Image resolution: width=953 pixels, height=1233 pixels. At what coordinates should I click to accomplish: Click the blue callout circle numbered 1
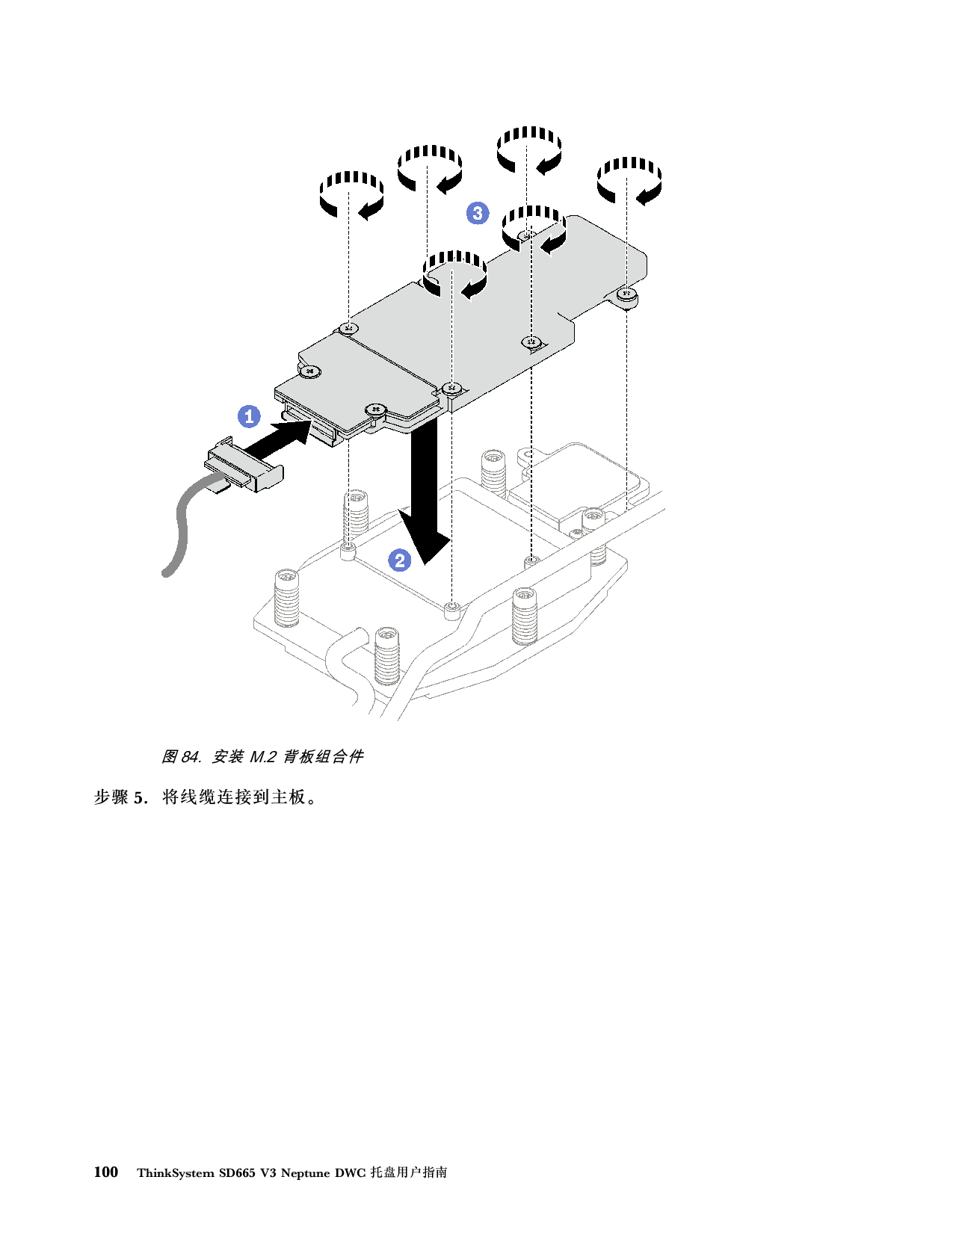[249, 416]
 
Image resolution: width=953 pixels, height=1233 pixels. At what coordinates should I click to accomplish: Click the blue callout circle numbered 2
[400, 560]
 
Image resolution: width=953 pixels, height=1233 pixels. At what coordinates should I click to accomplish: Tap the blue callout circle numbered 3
[478, 213]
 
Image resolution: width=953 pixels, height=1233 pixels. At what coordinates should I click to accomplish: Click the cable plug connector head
[244, 464]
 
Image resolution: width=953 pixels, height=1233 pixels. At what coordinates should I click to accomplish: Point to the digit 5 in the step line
[139, 798]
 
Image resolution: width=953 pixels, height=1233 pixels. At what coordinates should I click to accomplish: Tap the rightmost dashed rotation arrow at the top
[629, 180]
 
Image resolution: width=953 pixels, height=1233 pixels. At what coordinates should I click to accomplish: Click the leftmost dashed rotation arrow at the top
[352, 194]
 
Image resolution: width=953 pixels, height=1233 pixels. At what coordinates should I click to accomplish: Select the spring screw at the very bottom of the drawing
[388, 655]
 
